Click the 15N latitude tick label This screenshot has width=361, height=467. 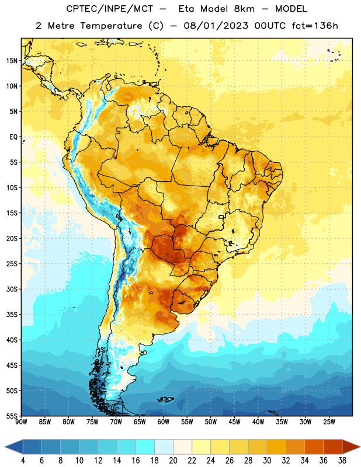[x=12, y=61]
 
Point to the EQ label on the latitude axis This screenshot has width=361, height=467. [x=13, y=137]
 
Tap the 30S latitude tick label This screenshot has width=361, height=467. [x=12, y=289]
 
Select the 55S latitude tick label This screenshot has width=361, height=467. [x=12, y=416]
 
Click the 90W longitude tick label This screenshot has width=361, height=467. [x=22, y=422]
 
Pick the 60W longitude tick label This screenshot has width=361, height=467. [x=164, y=422]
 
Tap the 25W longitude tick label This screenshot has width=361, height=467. [x=329, y=422]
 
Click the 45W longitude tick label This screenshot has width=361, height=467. [x=234, y=422]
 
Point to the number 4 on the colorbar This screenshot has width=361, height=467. [x=23, y=461]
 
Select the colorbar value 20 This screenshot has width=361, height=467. [x=173, y=461]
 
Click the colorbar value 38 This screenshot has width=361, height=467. [x=342, y=461]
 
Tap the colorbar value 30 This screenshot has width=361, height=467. [x=267, y=461]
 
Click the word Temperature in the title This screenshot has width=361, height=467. [x=111, y=26]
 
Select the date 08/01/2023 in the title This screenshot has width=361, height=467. [x=216, y=26]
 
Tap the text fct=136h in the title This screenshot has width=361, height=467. [x=315, y=26]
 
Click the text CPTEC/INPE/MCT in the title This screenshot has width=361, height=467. [x=109, y=9]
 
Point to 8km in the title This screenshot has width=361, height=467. [x=244, y=9]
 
